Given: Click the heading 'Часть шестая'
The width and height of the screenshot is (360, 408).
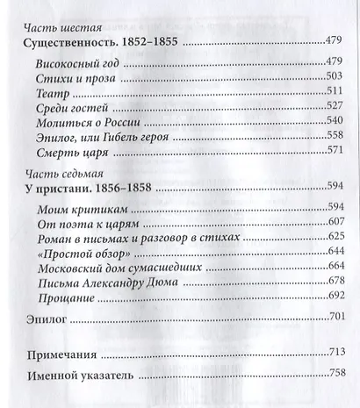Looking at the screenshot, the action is click(59, 26).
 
